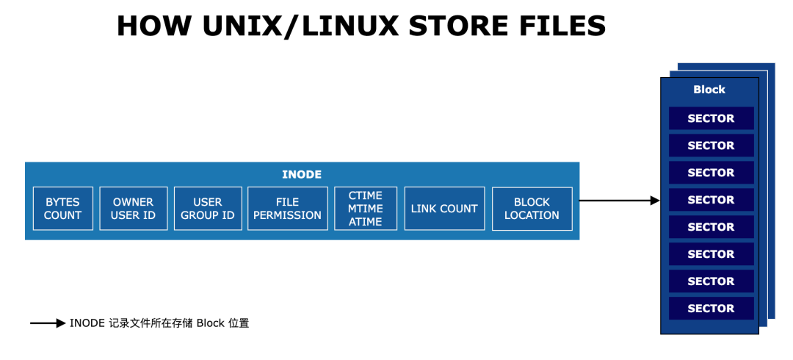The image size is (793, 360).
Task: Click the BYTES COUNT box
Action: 62,209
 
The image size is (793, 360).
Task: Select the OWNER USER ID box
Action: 134,209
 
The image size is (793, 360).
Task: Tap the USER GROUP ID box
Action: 208,209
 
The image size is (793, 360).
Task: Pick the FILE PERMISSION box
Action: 288,209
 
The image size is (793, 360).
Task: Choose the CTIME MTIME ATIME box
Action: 366,209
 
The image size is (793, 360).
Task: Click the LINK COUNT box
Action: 444,209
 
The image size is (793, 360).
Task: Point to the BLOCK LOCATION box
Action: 532,209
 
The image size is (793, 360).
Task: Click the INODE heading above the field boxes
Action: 302,175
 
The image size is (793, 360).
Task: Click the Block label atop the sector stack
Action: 709,90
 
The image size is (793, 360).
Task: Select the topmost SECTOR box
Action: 711,118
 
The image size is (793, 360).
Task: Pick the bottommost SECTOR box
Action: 711,309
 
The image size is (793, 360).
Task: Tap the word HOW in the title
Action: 148,26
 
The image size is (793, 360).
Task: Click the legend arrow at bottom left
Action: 48,323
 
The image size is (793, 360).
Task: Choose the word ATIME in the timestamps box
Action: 366,221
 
